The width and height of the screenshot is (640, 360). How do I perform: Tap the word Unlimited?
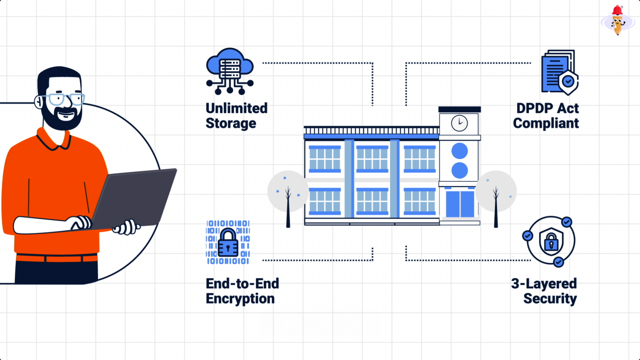pos(237,108)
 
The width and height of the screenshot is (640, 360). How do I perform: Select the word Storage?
pos(231,123)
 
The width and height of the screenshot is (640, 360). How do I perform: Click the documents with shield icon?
pos(560,72)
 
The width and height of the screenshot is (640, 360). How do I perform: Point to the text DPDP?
pos(535,108)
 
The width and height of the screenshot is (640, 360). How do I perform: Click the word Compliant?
pos(546,123)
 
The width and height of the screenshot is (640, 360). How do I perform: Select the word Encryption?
pos(240,299)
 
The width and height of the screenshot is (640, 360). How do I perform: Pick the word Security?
pos(550,299)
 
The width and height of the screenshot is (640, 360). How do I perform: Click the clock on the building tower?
pos(459,123)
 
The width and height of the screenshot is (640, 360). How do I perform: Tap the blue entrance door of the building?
pos(460,204)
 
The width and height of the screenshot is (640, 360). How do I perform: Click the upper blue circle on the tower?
pos(460,151)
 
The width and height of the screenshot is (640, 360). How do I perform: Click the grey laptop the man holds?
pos(136,197)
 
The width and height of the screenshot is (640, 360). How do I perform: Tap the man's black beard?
pos(61,120)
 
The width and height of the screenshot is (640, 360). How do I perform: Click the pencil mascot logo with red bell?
pos(617,21)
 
